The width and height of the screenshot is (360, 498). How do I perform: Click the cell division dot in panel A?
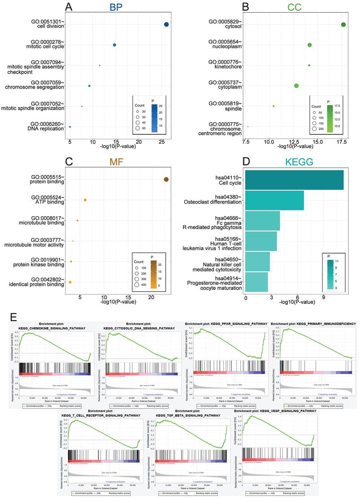pyautogui.click(x=166, y=25)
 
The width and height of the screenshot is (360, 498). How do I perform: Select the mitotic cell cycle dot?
pyautogui.click(x=115, y=45)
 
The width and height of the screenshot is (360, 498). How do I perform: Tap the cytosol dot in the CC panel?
pyautogui.click(x=343, y=25)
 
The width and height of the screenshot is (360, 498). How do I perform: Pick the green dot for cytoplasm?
pyautogui.click(x=297, y=85)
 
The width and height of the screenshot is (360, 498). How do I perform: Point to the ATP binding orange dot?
pyautogui.click(x=85, y=200)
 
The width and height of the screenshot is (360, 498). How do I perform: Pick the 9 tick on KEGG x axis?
pyautogui.click(x=324, y=297)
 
